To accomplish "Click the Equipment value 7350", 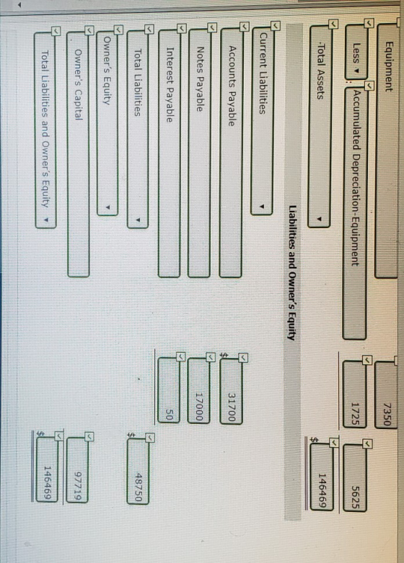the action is (x=387, y=414).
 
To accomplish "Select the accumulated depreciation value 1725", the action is (x=355, y=414).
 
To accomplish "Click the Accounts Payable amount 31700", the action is (x=232, y=407).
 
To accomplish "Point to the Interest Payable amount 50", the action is (x=170, y=416).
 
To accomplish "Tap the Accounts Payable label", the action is (x=232, y=86).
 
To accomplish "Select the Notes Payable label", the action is (x=200, y=79).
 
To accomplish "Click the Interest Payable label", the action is (x=170, y=85).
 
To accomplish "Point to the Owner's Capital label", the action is (x=79, y=84).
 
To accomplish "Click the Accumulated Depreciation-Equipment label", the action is (x=355, y=178).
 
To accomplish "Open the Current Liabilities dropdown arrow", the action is (x=263, y=207).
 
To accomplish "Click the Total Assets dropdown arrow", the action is (x=319, y=219).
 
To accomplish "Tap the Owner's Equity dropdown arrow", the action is (x=107, y=207).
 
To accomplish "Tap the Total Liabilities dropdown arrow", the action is (x=138, y=220).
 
